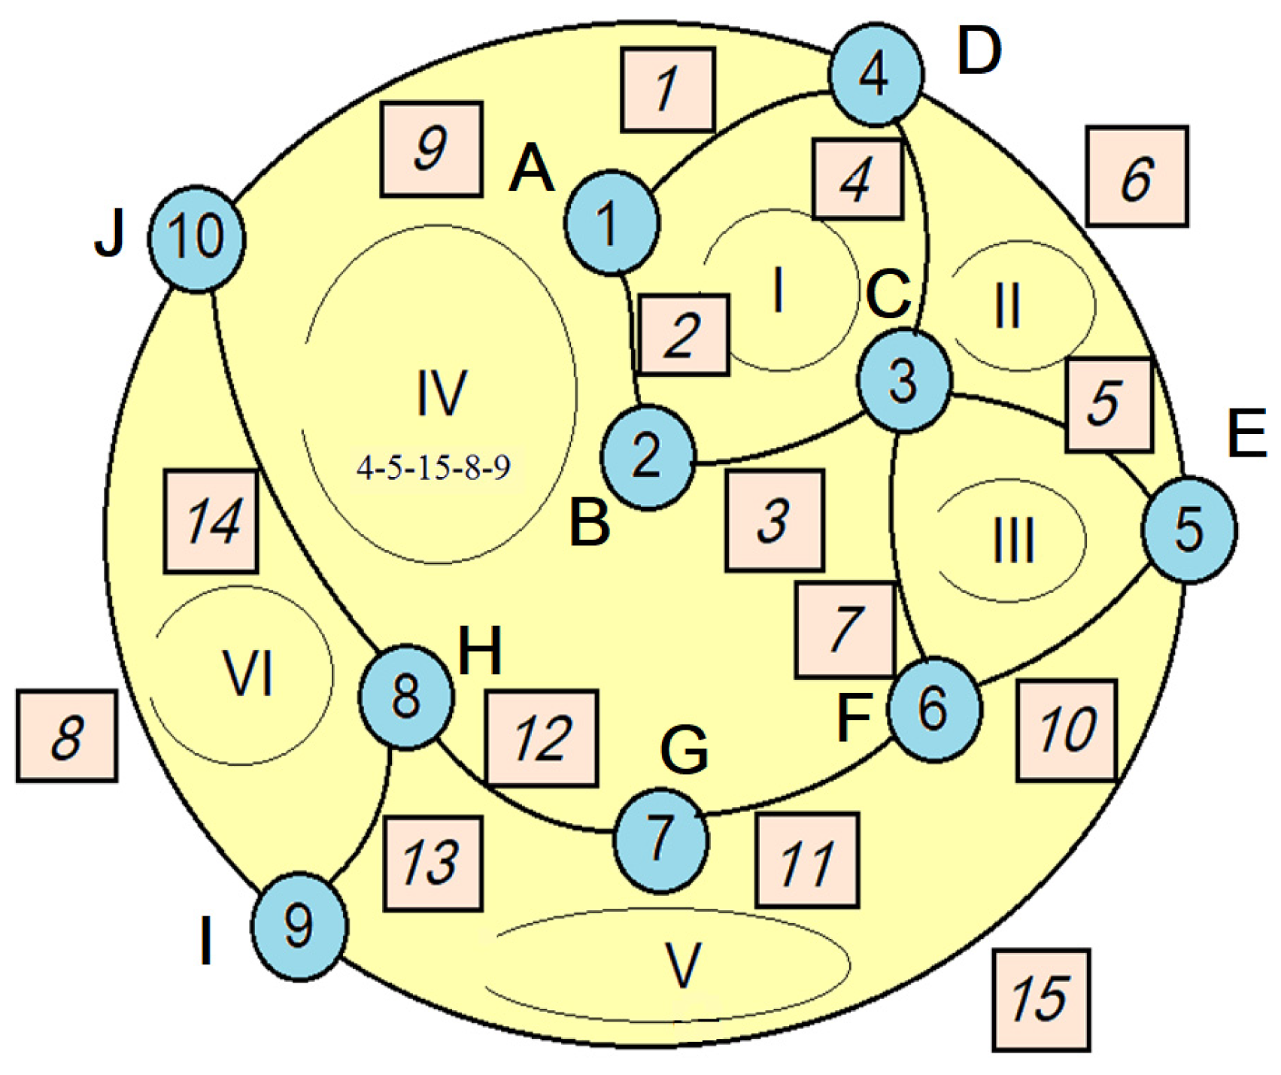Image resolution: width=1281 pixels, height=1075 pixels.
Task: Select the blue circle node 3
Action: pos(903,383)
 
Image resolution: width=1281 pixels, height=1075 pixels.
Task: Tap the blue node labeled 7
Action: pos(661,840)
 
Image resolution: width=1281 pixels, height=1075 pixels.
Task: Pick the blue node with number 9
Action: pos(299,926)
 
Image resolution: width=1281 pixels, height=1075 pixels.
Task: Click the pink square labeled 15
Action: pos(1041,999)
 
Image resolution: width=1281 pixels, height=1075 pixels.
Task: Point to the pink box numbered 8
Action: pos(67,736)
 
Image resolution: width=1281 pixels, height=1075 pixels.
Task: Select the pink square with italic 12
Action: pos(542,739)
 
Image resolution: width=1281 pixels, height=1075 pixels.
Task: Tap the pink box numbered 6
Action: pos(1137,177)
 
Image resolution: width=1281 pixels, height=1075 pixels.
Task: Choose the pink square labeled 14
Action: pos(211,521)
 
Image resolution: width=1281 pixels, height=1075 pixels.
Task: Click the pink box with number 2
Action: pos(682,335)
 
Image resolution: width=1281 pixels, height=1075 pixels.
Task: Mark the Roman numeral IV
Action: pos(442,393)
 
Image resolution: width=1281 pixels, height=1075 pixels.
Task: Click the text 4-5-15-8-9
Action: pos(434,469)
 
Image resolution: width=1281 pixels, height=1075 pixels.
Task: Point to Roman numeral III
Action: pos(1013,541)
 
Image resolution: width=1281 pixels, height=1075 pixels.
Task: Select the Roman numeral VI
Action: pos(248,674)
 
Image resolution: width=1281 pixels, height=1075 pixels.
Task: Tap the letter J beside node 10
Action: pos(111,234)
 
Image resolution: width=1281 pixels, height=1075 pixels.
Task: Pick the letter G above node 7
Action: pos(684,750)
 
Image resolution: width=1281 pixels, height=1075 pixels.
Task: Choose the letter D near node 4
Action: pos(979,52)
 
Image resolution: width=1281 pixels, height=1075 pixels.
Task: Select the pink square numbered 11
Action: pos(807,860)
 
